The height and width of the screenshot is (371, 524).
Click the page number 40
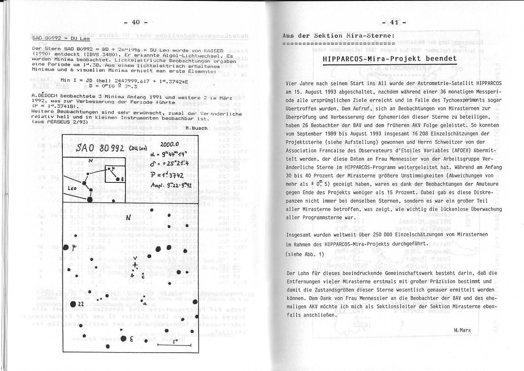[136, 22]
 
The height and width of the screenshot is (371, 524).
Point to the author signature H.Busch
[196, 128]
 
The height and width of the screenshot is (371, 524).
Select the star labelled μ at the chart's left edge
[67, 247]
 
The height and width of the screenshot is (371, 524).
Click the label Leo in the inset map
[72, 189]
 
